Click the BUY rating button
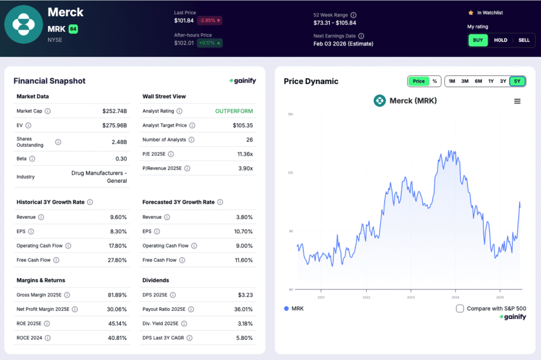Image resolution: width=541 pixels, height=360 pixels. tap(478, 40)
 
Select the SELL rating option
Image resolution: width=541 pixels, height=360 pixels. tap(524, 40)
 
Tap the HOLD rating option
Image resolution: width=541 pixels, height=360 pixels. tap(500, 40)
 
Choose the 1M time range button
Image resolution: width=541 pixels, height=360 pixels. tap(452, 81)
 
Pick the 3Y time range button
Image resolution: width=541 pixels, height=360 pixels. tap(503, 81)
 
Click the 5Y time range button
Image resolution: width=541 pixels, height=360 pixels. tap(517, 81)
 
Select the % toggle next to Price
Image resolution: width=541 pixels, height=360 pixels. tap(435, 81)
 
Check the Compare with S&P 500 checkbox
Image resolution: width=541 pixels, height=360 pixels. tap(460, 308)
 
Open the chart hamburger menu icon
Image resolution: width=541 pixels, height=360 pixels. tap(517, 101)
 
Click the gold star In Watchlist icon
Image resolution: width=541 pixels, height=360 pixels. tap(471, 13)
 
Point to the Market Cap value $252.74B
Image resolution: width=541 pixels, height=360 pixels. tap(115, 111)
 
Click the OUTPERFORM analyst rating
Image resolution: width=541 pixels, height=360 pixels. tap(234, 111)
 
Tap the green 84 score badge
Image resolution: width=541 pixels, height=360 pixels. tap(73, 29)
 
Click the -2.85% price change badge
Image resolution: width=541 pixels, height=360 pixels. tap(210, 21)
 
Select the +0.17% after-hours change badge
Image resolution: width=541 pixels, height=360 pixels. tap(210, 43)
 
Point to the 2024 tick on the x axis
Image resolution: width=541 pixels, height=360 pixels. tap(455, 297)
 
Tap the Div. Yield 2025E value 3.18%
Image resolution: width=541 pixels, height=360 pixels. tap(243, 324)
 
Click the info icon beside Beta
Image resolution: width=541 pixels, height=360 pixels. tap(32, 159)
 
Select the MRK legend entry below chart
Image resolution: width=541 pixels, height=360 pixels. tap(294, 308)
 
